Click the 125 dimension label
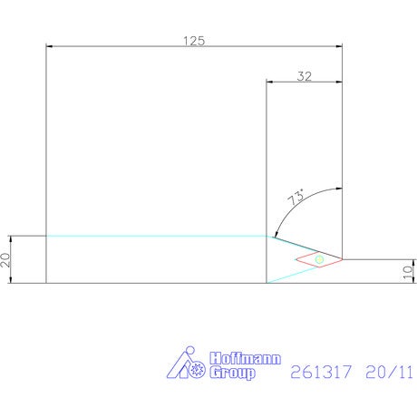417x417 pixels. [194, 41]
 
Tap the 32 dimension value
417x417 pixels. [305, 76]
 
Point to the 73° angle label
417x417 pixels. [296, 197]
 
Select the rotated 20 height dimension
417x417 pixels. [5, 260]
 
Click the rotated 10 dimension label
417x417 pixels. [408, 272]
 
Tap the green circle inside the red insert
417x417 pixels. [319, 259]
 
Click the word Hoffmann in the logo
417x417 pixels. [246, 358]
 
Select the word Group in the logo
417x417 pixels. [232, 373]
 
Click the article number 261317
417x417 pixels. [321, 372]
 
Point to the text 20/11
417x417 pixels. [389, 372]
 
